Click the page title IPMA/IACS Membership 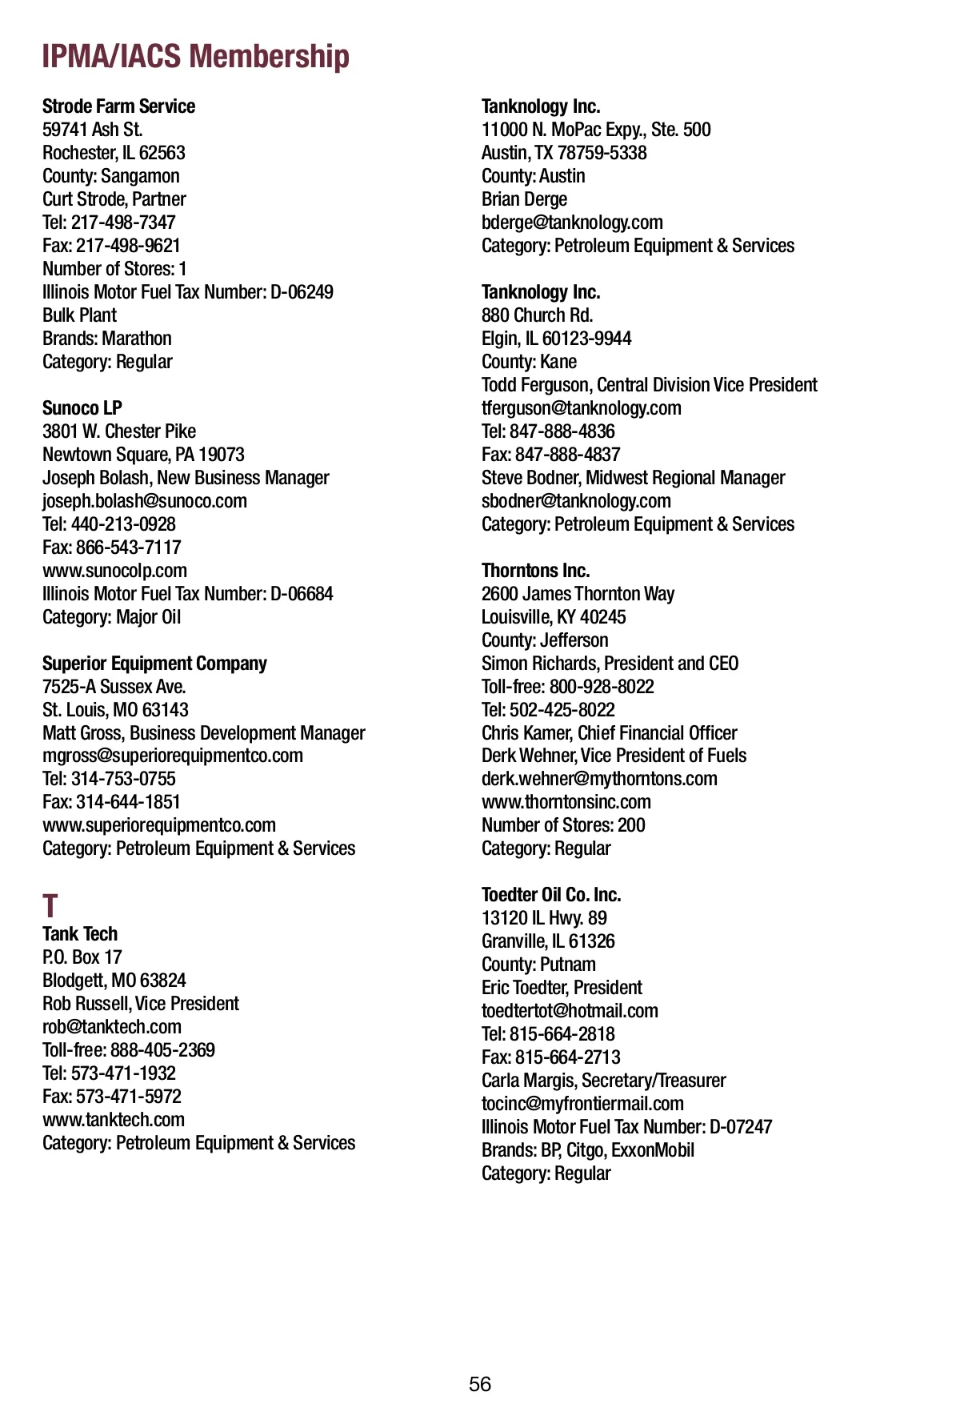pos(195,57)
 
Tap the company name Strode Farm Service pos(118,106)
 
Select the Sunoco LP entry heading pos(82,408)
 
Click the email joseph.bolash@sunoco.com pos(145,501)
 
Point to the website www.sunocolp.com pos(114,571)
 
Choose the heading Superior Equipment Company pos(154,664)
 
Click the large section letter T pos(50,907)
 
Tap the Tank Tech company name pos(80,934)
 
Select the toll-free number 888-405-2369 pos(162,1050)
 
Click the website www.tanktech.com pos(114,1120)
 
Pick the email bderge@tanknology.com pos(572,223)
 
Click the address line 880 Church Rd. pos(537,315)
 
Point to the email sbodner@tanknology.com pos(576,501)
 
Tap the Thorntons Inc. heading pos(535,571)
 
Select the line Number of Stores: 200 pos(563,825)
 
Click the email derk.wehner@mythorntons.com pos(599,779)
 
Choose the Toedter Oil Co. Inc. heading pos(551,895)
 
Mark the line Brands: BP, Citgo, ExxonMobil pos(588,1150)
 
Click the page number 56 pos(480,1384)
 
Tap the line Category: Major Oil pos(112,617)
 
